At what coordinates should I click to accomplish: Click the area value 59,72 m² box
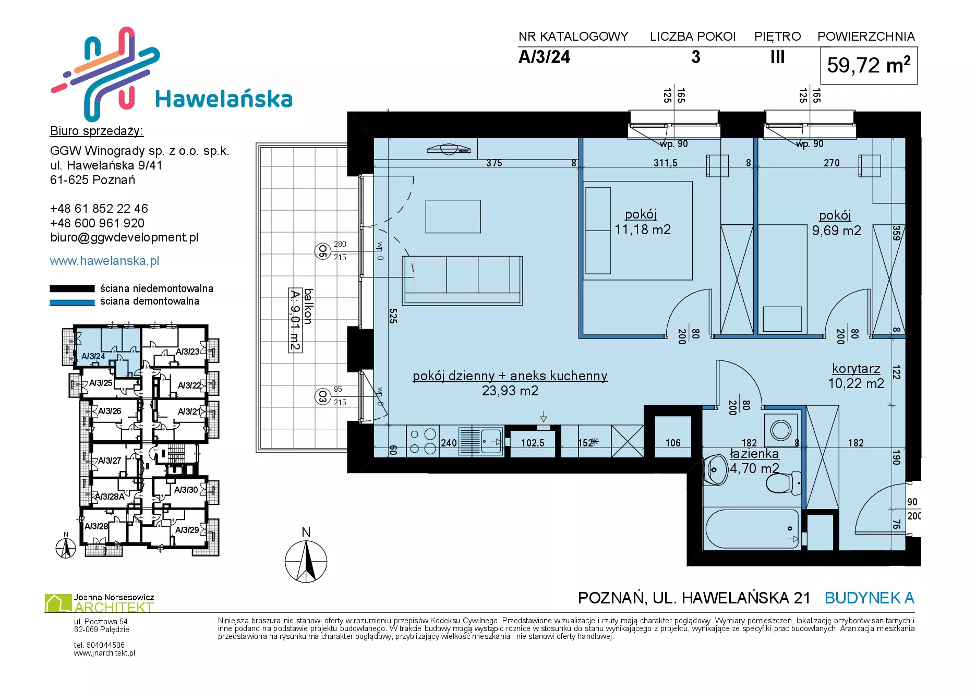[869, 66]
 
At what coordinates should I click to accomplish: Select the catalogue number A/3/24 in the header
[544, 57]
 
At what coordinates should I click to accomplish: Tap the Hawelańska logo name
[224, 99]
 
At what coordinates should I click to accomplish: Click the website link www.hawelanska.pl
[104, 261]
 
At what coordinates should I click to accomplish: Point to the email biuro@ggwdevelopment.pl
[124, 237]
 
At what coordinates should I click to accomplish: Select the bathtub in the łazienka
[752, 529]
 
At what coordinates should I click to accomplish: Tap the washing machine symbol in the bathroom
[781, 431]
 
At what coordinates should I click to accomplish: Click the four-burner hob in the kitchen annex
[423, 441]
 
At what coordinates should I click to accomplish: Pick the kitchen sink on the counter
[481, 442]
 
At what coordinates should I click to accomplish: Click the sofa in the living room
[462, 281]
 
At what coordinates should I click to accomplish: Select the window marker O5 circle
[322, 251]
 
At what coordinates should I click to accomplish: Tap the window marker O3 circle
[322, 396]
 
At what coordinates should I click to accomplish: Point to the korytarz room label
[856, 368]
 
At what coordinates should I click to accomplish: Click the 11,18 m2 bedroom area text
[642, 229]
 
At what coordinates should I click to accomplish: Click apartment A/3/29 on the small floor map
[187, 530]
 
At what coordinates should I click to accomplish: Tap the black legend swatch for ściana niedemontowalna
[72, 288]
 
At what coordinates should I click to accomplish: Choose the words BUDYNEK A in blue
[870, 598]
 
